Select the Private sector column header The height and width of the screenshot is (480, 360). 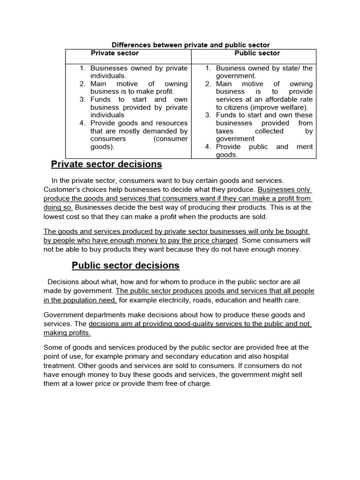point(115,53)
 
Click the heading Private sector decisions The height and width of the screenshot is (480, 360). point(106,164)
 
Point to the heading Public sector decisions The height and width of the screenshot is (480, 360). point(125,265)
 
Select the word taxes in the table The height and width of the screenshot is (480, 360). point(225,131)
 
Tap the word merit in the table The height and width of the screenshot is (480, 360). point(303,147)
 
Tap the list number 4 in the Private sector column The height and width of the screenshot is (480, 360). point(82,123)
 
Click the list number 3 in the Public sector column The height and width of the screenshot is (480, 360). point(208,115)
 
